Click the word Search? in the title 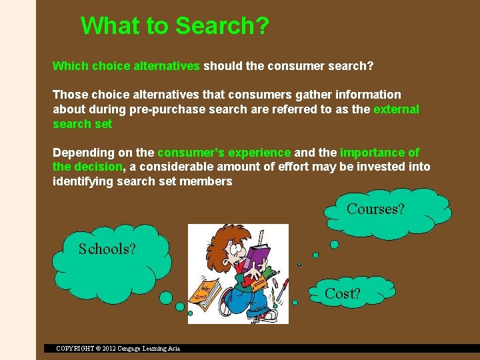pos(222,26)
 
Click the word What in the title pos(110,26)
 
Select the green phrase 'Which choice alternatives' pos(126,66)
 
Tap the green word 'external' pos(397,109)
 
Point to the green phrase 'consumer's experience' pos(224,153)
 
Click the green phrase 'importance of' pos(380,153)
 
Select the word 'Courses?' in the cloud pos(375,209)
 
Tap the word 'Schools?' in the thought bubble pos(107,249)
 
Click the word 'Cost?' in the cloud pos(342,293)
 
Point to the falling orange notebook pos(205,291)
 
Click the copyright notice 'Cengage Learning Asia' pos(146,348)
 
